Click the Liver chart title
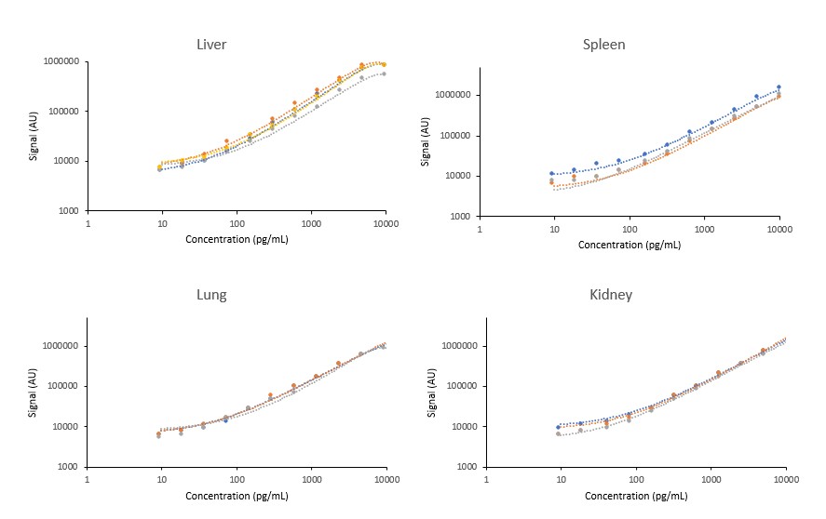pyautogui.click(x=211, y=44)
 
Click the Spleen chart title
pyautogui.click(x=603, y=44)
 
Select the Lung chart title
pyautogui.click(x=210, y=295)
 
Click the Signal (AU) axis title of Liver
pyautogui.click(x=33, y=136)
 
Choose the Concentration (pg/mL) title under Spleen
pyautogui.click(x=629, y=245)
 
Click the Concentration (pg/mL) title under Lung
pyautogui.click(x=237, y=495)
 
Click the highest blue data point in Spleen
pyautogui.click(x=779, y=87)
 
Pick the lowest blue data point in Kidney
pyautogui.click(x=559, y=427)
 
